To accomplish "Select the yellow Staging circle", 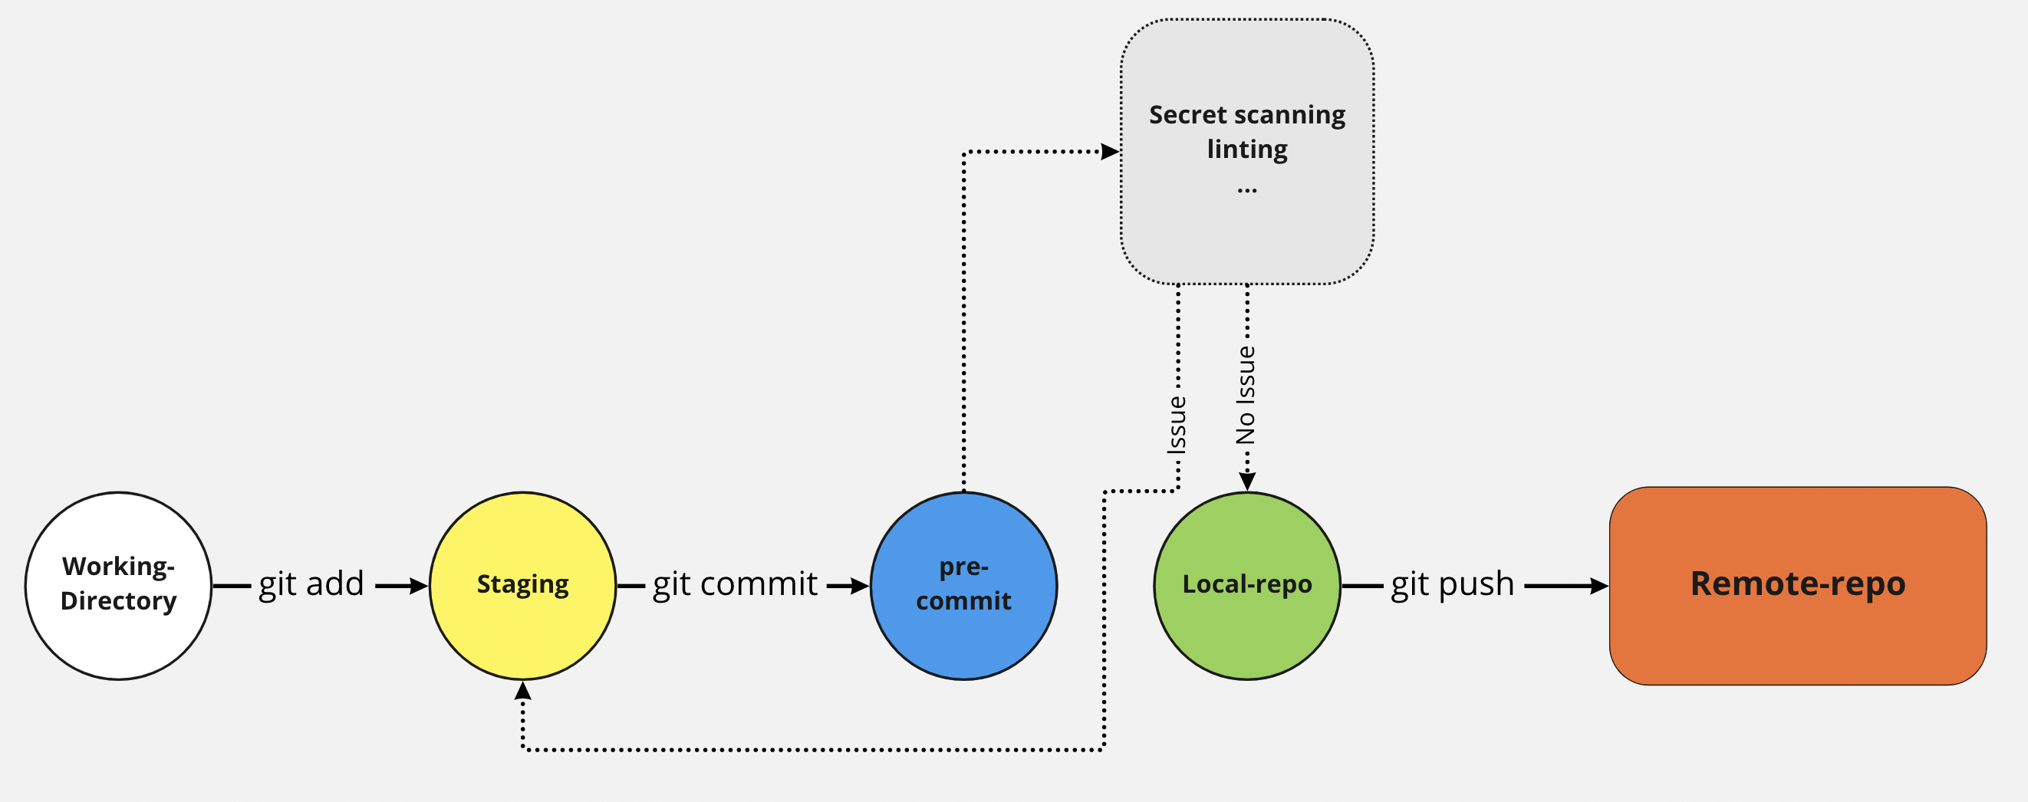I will (522, 622).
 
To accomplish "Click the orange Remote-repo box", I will (1797, 629).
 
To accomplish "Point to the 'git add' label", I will (311, 584).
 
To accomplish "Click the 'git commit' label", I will (735, 584).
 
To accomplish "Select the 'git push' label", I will (1453, 584).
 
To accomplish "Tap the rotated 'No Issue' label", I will (1246, 395).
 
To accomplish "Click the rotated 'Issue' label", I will (1177, 425).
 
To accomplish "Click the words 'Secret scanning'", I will (1247, 115).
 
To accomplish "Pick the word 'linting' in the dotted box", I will (1247, 149).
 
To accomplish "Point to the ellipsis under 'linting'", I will (1247, 189).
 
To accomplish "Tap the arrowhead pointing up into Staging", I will (522, 691).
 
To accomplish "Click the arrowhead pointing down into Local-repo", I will (1247, 481).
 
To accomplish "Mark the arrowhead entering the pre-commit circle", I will (860, 586).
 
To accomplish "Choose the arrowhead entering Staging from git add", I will (419, 586).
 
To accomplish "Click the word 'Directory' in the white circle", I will (118, 600).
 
